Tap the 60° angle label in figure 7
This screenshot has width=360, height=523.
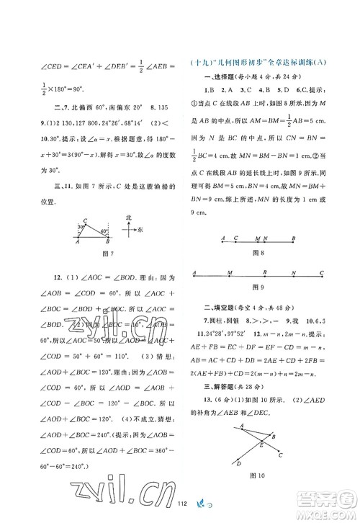[x=105, y=232]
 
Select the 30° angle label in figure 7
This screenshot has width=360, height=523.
[x=81, y=233]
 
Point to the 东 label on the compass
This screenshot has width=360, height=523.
[x=142, y=230]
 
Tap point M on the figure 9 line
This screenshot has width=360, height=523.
[x=229, y=273]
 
